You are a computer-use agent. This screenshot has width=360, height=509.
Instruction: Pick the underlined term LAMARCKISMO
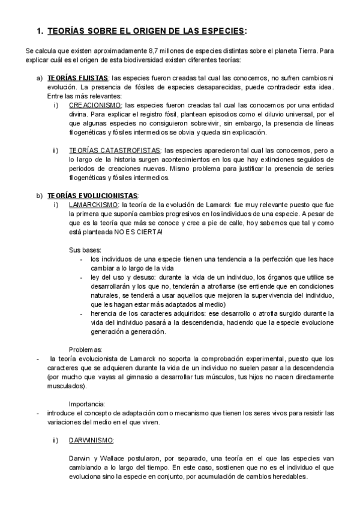tap(93, 205)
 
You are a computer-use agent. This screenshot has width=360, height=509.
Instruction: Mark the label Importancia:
tap(88, 403)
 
